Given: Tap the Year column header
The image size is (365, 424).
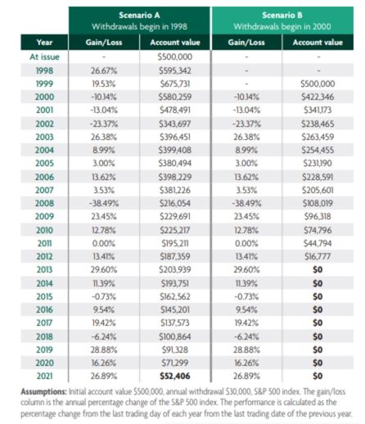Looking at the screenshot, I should (45, 42).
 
